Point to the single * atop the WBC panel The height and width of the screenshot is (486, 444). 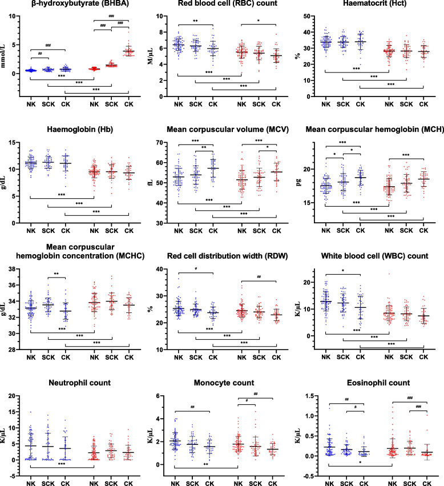click(x=342, y=272)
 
